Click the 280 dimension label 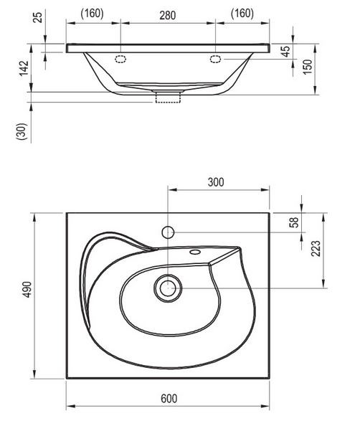click(168, 15)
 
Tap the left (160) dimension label click(92, 13)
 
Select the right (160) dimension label click(242, 13)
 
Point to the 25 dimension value click(39, 17)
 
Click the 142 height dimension click(24, 68)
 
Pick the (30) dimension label click(22, 131)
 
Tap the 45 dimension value click(286, 52)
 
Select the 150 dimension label click(308, 67)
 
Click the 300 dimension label click(216, 182)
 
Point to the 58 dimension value click(295, 222)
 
